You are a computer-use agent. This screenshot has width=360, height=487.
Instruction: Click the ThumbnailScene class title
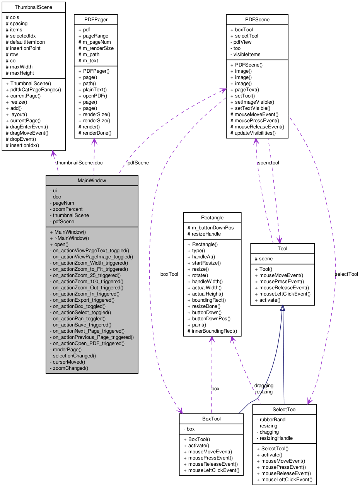click(33, 7)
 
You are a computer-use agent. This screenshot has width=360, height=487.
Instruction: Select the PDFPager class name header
click(96, 20)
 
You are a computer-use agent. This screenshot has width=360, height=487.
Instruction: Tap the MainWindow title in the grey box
click(92, 180)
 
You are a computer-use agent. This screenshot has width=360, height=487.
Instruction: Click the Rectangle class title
click(212, 217)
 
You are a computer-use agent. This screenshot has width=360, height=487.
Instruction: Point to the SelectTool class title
click(284, 409)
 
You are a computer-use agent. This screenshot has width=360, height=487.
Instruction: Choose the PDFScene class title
click(257, 20)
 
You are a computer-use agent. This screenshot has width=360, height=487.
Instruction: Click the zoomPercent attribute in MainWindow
click(68, 209)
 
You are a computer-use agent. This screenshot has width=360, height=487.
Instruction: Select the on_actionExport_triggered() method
click(84, 300)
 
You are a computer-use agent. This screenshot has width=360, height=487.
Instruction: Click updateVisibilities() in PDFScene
click(255, 133)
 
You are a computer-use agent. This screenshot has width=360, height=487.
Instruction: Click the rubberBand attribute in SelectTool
click(272, 419)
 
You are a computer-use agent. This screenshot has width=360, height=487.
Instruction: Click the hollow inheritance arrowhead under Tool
click(282, 308)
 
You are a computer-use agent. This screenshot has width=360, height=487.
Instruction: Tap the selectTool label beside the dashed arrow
click(346, 274)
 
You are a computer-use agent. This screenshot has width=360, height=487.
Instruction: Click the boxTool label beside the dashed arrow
click(169, 274)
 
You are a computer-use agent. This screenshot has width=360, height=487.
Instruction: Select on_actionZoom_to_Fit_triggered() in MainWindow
click(90, 269)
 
